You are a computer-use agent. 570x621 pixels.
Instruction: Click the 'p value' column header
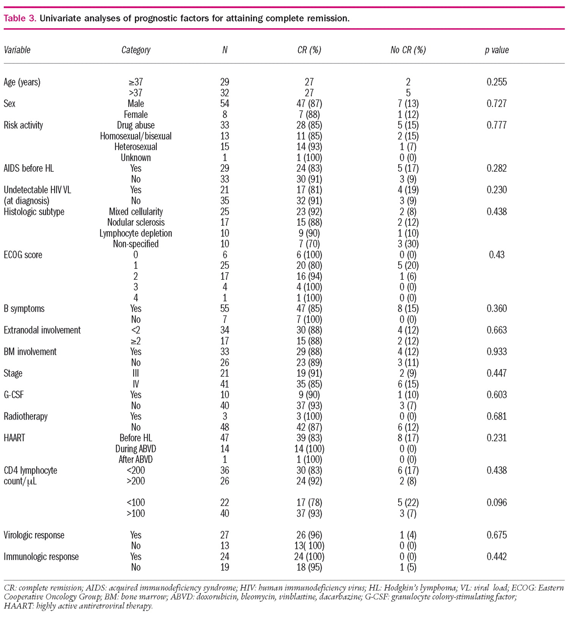coord(496,50)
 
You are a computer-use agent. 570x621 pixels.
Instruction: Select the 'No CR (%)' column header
coord(408,50)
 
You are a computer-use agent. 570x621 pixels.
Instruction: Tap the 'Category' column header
coord(136,50)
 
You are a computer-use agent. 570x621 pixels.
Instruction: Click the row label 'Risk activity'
coord(23,125)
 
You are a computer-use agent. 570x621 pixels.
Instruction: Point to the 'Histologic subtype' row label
coord(34,212)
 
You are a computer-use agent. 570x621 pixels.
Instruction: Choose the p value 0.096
coord(496,503)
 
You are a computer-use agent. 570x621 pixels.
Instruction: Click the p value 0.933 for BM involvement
coord(496,352)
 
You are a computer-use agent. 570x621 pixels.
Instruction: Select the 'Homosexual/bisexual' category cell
coord(136,136)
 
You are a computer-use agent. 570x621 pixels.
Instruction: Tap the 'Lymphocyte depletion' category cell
coord(136,233)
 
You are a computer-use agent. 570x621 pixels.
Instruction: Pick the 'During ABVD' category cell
coord(136,449)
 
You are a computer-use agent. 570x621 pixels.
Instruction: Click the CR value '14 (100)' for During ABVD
coord(310,449)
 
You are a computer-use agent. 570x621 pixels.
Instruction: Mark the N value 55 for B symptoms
coord(225,309)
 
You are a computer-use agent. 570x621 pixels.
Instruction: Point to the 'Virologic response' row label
coord(34,535)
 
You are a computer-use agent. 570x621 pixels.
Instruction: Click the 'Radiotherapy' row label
coord(25,417)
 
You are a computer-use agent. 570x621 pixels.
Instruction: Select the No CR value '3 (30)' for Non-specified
coord(408,244)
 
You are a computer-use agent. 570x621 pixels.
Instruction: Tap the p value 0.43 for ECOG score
coord(496,255)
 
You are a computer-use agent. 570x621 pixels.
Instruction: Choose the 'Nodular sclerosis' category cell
coord(136,223)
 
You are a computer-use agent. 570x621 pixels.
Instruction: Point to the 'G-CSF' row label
coord(14,395)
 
